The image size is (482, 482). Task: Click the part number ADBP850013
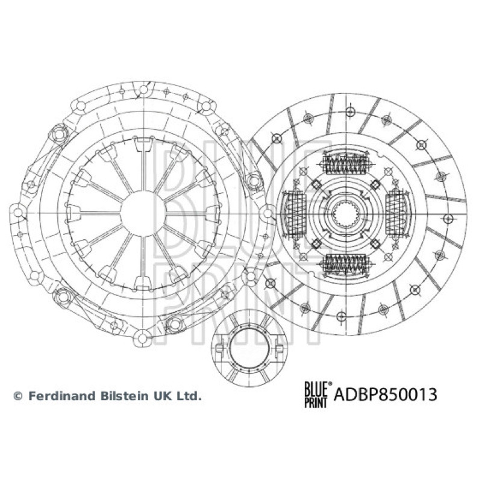click(385, 395)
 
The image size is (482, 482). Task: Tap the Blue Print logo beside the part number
click(318, 395)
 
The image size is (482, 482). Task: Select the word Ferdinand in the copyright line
click(61, 396)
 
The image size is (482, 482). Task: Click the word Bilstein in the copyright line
click(122, 396)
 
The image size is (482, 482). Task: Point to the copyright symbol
click(18, 396)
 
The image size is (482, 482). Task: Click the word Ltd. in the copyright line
click(190, 396)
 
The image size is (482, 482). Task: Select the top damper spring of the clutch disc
click(346, 163)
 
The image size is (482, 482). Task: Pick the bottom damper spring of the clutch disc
click(346, 264)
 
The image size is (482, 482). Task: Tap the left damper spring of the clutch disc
click(295, 214)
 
